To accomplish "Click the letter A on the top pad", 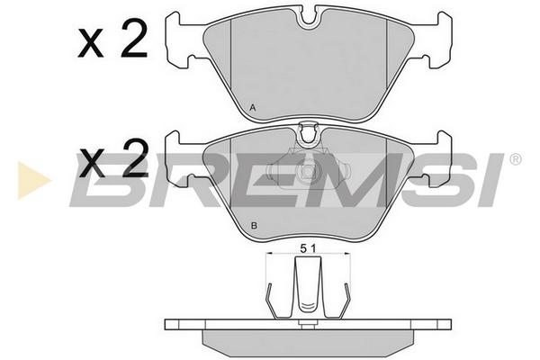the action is (x=252, y=108).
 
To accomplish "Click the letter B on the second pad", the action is (x=254, y=226).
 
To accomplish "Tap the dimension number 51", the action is (x=308, y=248).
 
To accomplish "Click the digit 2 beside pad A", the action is (x=134, y=39).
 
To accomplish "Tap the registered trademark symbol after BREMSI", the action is (x=515, y=159).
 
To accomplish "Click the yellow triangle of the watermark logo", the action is (x=32, y=180).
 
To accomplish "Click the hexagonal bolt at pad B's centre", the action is (x=308, y=171).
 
